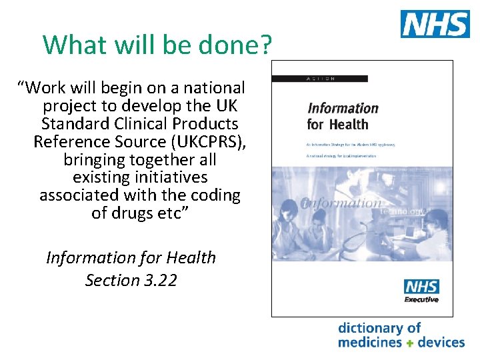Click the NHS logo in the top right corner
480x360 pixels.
coord(434,24)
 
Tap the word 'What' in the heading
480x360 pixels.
coord(71,45)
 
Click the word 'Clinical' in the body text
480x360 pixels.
coord(141,123)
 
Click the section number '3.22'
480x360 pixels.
coord(160,280)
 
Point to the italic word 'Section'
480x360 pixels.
coord(112,280)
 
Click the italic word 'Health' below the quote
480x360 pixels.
coord(191,257)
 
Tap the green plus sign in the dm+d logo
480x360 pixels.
coord(410,343)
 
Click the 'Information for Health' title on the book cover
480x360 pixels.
coord(343,115)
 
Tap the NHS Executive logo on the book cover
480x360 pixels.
coord(421,291)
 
